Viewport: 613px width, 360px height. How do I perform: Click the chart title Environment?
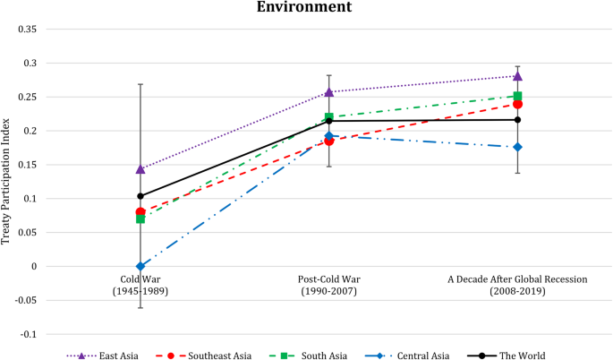pos(306,8)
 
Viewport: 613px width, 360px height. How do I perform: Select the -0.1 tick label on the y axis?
pos(27,334)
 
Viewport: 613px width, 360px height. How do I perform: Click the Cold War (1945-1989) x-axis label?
pos(140,286)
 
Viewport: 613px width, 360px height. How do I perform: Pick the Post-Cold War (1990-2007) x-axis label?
pos(328,286)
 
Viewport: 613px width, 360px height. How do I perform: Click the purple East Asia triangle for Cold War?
pos(140,168)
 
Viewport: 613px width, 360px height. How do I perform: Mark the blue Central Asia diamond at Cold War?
pos(140,266)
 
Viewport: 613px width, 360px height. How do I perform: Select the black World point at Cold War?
pos(140,196)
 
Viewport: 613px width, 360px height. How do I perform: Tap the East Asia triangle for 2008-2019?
pos(517,76)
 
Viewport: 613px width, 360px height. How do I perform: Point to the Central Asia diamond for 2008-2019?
pos(517,147)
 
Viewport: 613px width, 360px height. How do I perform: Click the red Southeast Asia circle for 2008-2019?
pos(517,104)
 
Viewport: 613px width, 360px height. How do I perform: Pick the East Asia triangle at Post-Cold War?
pos(328,91)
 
